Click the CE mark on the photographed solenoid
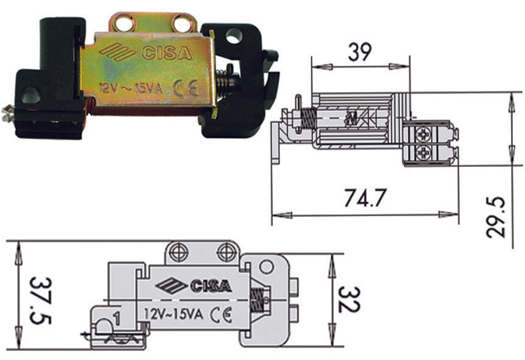(x=186, y=90)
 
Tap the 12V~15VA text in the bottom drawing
(x=174, y=315)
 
